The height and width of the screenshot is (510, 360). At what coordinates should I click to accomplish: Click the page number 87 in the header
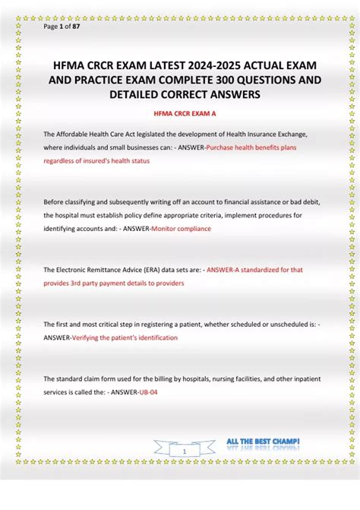(x=76, y=27)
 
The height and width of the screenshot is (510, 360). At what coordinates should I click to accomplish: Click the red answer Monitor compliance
(x=182, y=229)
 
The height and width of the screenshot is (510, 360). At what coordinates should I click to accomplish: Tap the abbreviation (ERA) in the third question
(x=141, y=270)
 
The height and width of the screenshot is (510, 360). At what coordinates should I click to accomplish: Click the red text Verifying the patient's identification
(x=125, y=337)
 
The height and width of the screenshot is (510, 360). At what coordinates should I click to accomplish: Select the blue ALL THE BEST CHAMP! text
(x=263, y=442)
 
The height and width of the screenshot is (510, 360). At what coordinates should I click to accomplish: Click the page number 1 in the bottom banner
(x=185, y=451)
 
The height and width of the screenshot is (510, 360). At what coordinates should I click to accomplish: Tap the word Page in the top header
(x=51, y=27)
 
